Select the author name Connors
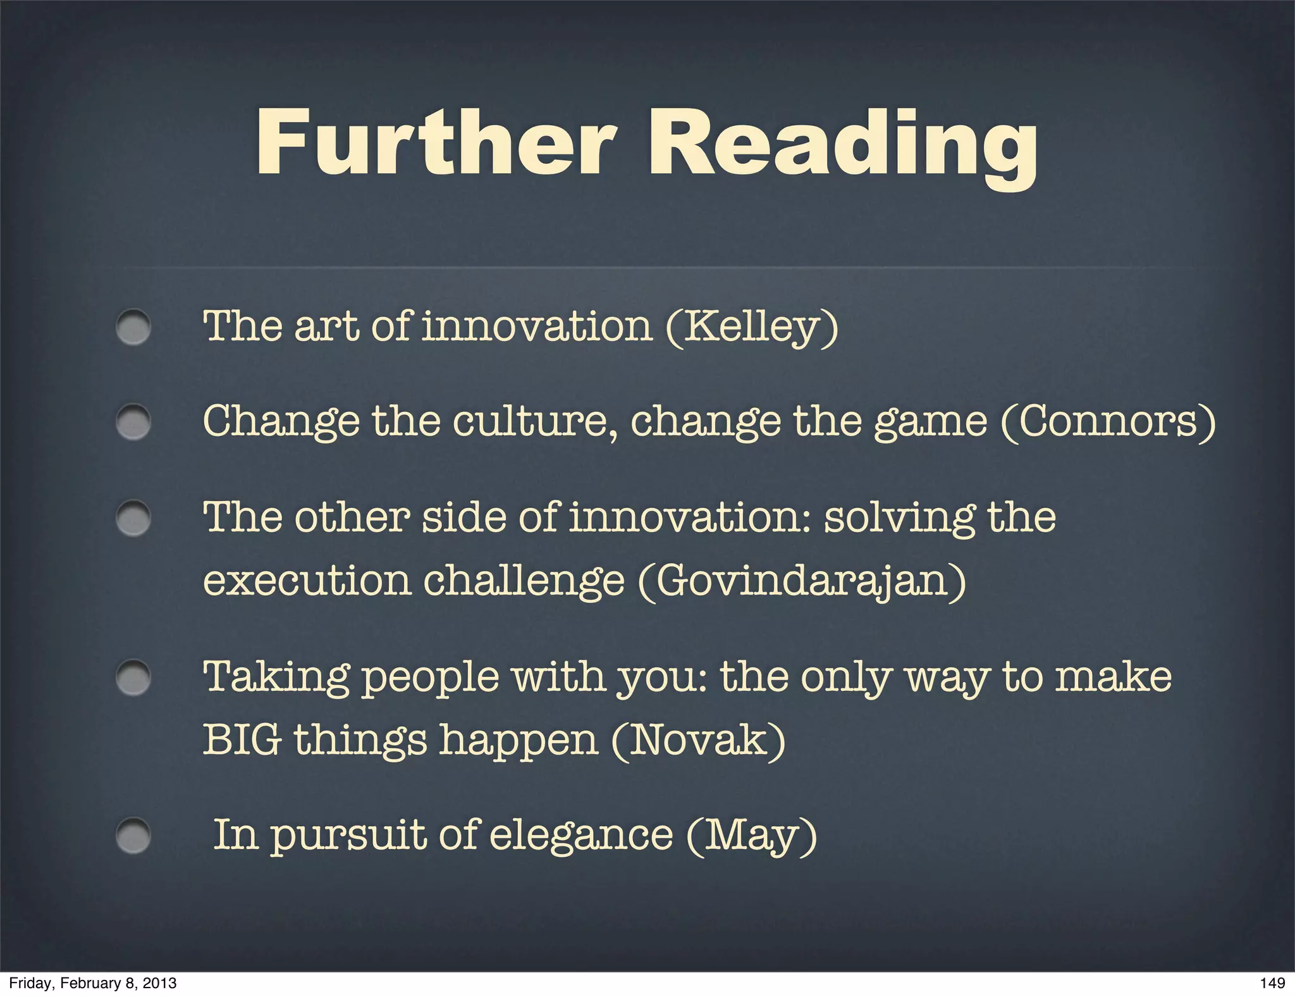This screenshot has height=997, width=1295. pyautogui.click(x=1108, y=421)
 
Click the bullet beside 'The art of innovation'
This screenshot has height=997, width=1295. pyautogui.click(x=133, y=327)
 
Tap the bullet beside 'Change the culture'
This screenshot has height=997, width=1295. pyautogui.click(x=133, y=422)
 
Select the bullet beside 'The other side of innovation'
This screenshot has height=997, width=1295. pyautogui.click(x=133, y=518)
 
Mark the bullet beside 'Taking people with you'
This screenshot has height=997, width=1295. pyautogui.click(x=133, y=678)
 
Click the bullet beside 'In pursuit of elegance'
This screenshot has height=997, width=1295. pyautogui.click(x=133, y=836)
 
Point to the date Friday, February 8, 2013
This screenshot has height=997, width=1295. pyautogui.click(x=93, y=982)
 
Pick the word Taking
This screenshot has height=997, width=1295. pyautogui.click(x=276, y=677)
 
